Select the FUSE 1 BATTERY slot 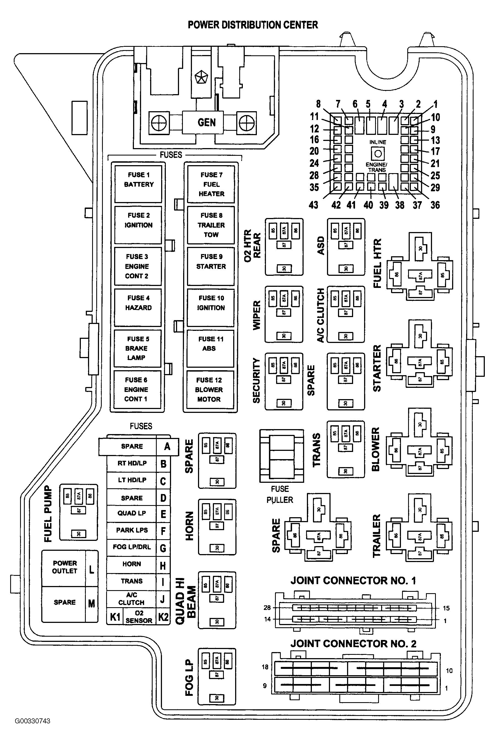click(138, 184)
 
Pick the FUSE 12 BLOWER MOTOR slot click(209, 389)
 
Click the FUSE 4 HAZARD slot click(138, 307)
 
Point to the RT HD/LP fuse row click(132, 463)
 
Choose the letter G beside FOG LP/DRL click(163, 548)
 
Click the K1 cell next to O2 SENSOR click(115, 616)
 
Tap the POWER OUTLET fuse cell click(64, 567)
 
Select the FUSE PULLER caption click(280, 494)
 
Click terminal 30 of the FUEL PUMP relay click(79, 534)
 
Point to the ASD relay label click(321, 246)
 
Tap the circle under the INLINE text click(378, 154)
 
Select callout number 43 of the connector click(313, 205)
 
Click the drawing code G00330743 click(32, 721)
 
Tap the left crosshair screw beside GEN click(158, 122)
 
